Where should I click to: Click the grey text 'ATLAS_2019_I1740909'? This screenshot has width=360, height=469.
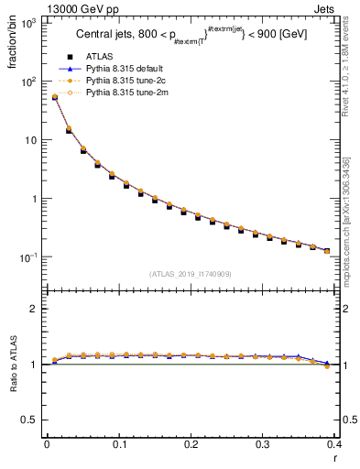tap(191, 273)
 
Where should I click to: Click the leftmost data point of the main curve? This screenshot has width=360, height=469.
tap(54, 96)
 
